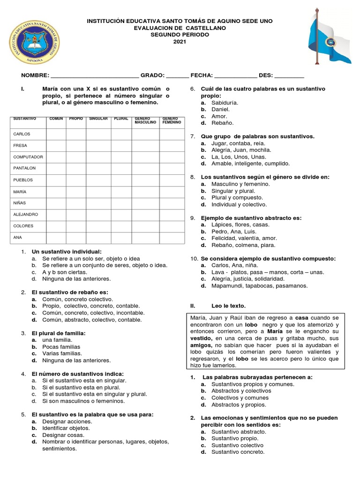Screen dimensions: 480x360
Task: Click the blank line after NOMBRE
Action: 94,76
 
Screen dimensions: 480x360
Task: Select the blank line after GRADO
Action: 177,76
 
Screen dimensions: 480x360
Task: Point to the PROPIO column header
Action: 76,119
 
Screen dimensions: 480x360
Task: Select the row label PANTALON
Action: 24,168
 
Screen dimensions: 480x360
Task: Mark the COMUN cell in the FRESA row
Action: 56,145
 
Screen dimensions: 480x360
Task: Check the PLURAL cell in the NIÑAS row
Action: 122,203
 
